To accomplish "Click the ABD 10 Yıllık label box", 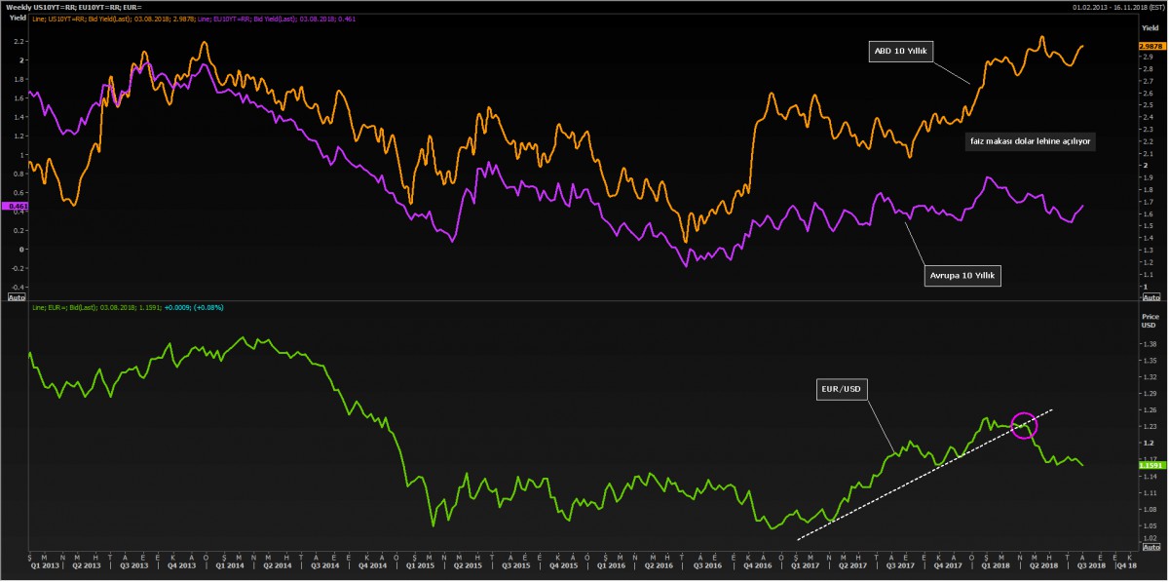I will pyautogui.click(x=901, y=51).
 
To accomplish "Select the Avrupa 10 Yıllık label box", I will pyautogui.click(x=963, y=276).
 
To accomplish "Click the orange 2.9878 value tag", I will pyautogui.click(x=1150, y=46).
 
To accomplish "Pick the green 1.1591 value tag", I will pyautogui.click(x=1150, y=466).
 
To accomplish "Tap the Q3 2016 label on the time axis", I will pyautogui.click(x=706, y=564).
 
